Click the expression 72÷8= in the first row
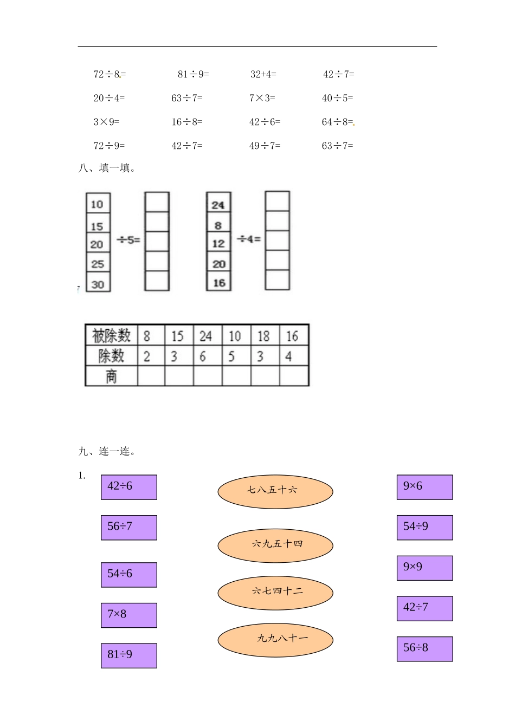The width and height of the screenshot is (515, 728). coord(110,74)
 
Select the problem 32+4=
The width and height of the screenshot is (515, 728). coord(263,74)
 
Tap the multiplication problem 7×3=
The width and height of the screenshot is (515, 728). coord(262,98)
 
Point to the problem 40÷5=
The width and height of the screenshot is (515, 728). coord(337,98)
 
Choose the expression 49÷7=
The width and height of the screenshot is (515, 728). coord(265,146)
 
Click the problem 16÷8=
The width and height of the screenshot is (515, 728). coord(187,122)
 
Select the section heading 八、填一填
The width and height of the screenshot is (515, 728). coord(107,168)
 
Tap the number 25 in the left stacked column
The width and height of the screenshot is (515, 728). coord(98,264)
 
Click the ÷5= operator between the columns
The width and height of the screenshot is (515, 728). coord(128,239)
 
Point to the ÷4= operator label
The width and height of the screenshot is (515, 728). coord(249,239)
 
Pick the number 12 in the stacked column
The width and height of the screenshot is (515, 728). coord(218,244)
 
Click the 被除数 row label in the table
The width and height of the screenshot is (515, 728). coord(111,336)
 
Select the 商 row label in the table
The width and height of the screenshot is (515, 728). coord(111,376)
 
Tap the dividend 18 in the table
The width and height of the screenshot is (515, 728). coord(263,336)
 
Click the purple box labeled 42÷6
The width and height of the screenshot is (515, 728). coord(129,487)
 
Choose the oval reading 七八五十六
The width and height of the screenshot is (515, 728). coord(275,491)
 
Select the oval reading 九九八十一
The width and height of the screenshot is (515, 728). coord(275,640)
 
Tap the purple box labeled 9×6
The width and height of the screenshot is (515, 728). coord(424,487)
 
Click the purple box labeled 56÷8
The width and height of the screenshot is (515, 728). coord(424,648)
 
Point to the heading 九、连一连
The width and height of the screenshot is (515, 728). coord(107,451)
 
